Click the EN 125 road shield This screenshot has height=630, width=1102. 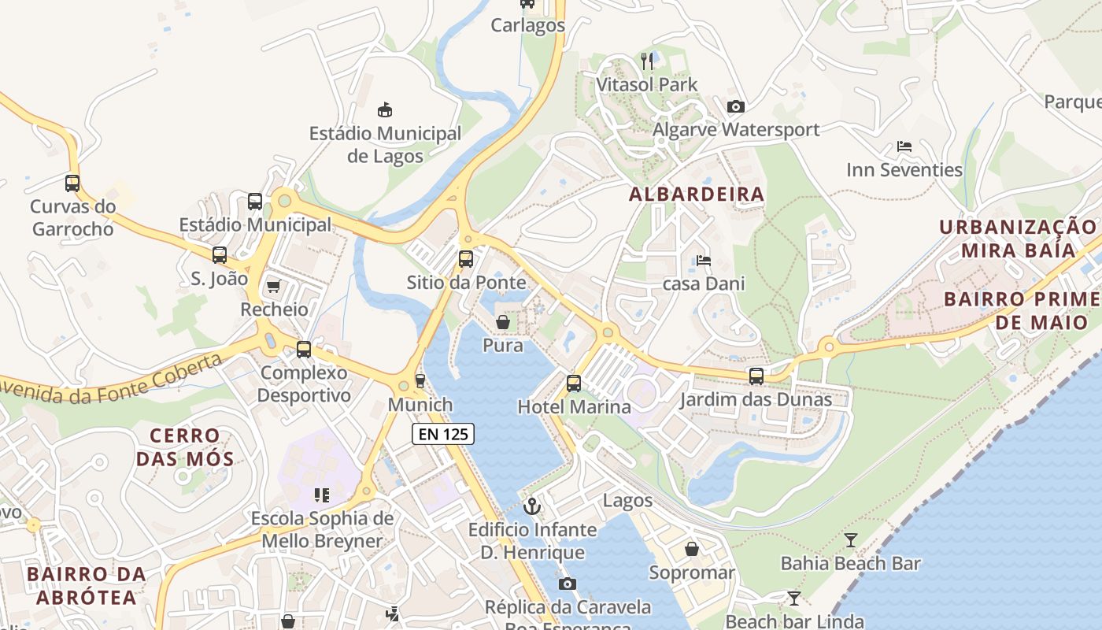pos(443,433)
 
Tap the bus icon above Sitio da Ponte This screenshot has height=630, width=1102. pos(466,258)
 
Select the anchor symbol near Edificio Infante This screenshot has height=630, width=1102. pos(532,506)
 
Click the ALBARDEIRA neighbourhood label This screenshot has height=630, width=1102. pos(697,195)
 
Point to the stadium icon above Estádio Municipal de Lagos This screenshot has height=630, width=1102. pos(385,109)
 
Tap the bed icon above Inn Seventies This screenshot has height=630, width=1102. pos(904,146)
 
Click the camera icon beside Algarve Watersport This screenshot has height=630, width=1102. pos(736,106)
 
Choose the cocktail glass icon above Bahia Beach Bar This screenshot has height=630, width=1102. pos(850,540)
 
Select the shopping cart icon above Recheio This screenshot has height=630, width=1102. pos(274,285)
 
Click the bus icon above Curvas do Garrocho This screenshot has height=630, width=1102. pos(72,183)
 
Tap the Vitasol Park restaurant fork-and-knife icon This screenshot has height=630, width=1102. pos(647,61)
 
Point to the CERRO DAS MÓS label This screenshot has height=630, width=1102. pos(185,447)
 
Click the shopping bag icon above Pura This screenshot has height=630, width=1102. pos(502,322)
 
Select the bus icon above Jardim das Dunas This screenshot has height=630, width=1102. pos(756,376)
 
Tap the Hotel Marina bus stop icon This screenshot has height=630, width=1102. pos(574,384)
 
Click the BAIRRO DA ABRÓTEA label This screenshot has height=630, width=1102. pos(87,586)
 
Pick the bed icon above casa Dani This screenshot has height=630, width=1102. pos(703,260)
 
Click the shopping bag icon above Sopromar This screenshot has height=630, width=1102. pos(691,549)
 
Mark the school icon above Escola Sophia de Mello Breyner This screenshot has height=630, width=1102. pos(321,495)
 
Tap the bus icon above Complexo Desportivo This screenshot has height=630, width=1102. pos(304,349)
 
